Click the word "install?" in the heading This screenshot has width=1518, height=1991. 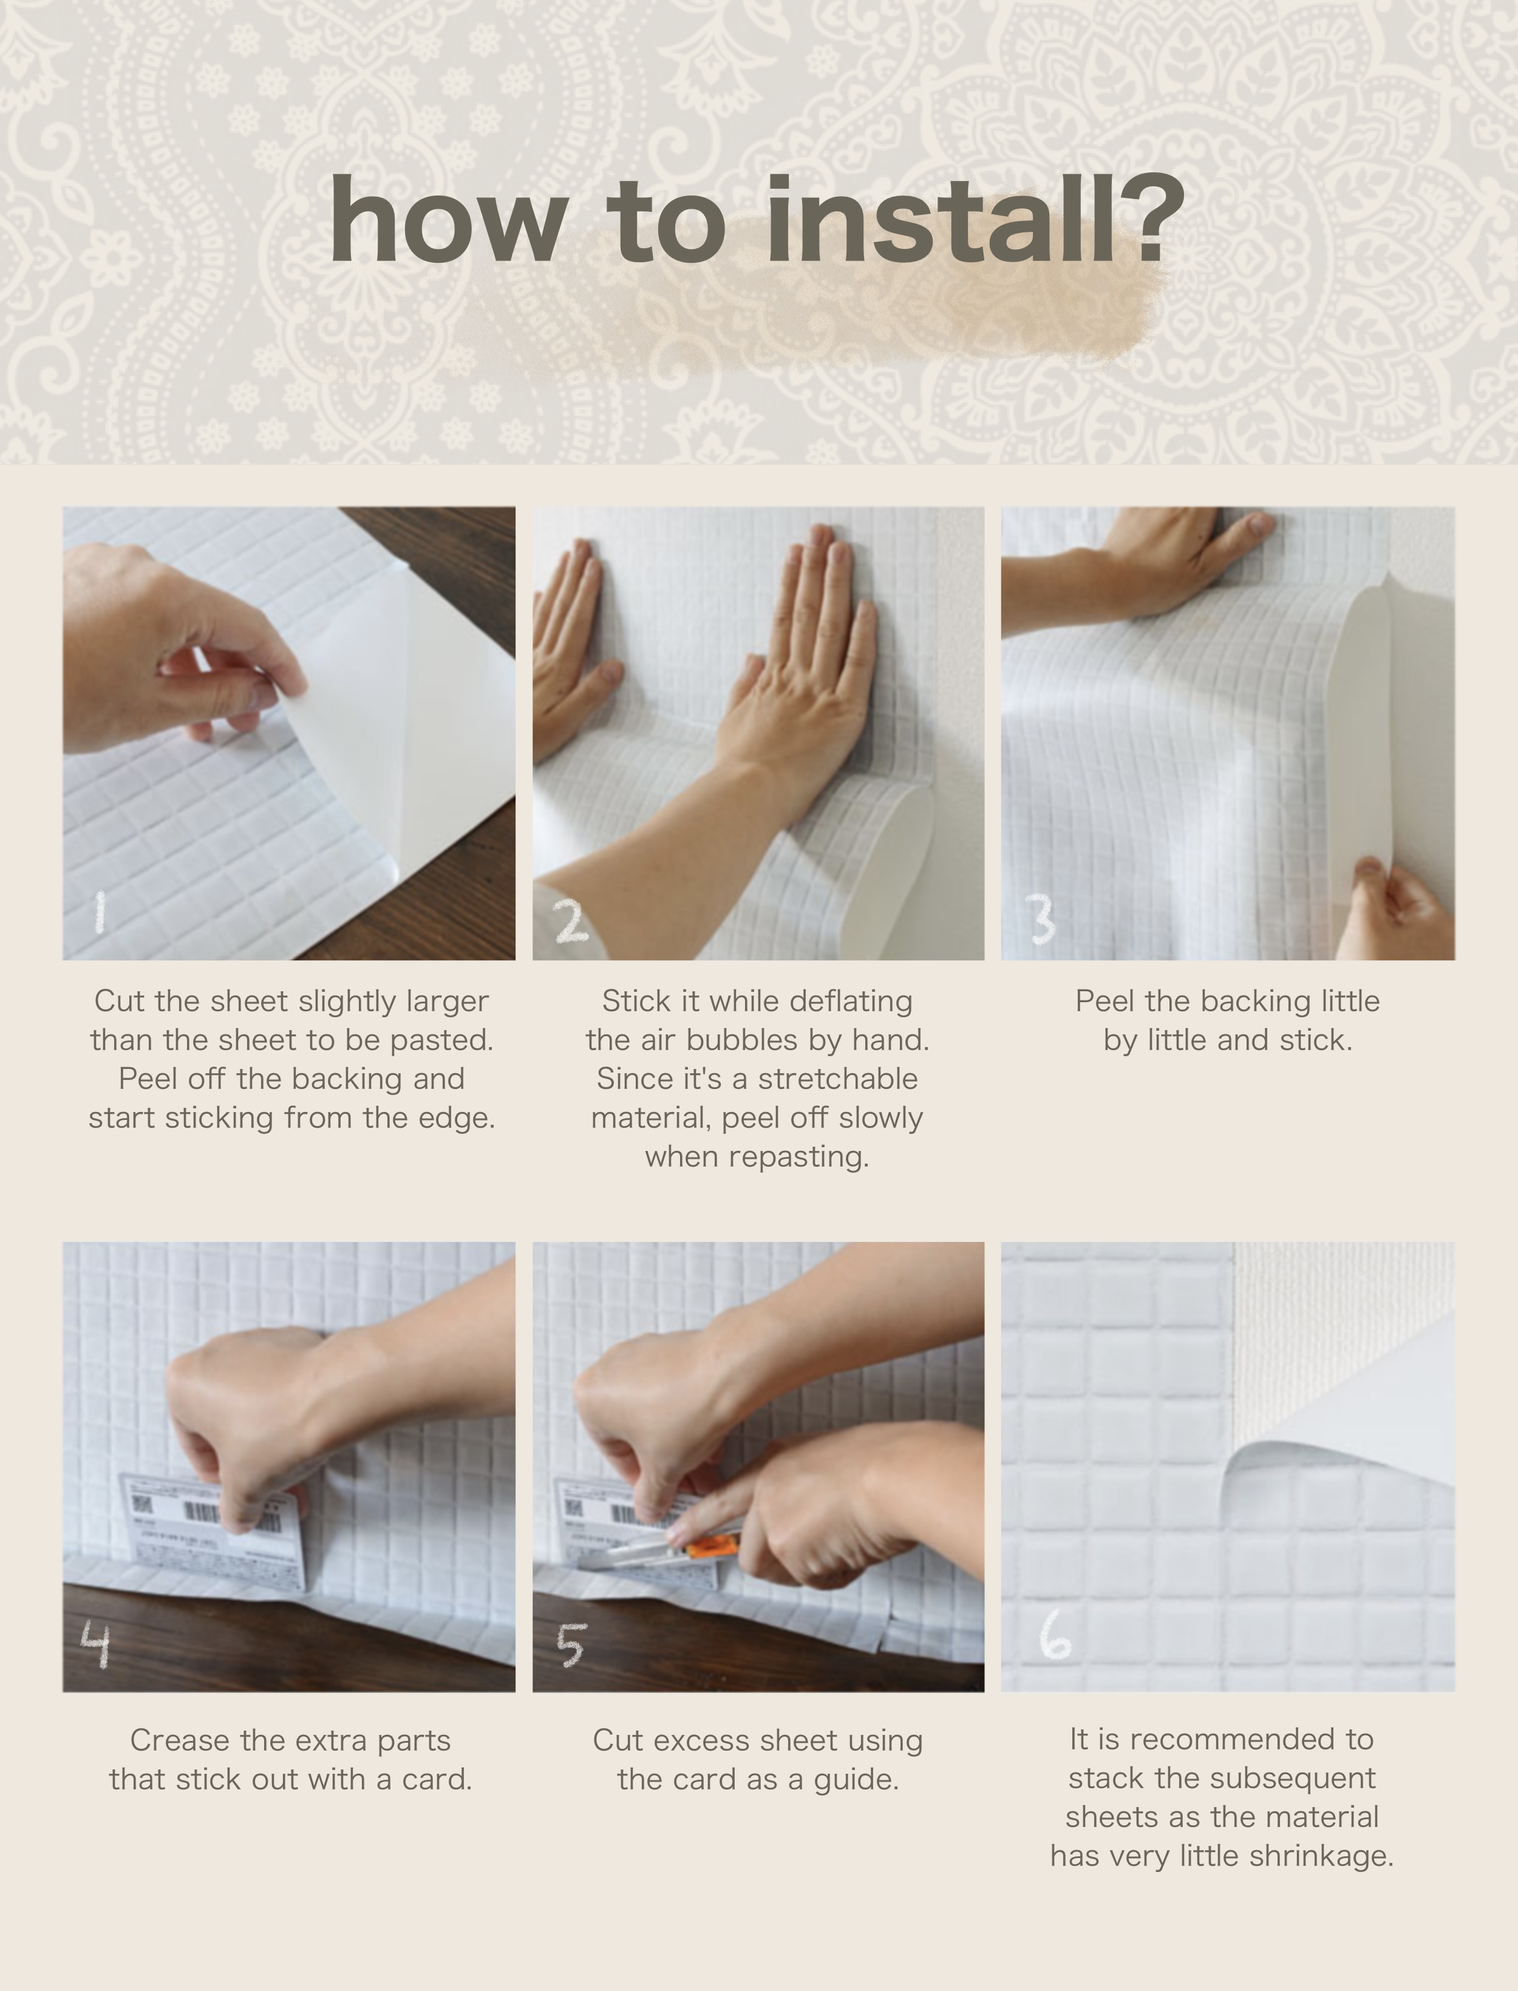pyautogui.click(x=975, y=220)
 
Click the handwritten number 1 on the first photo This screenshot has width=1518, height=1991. pyautogui.click(x=100, y=912)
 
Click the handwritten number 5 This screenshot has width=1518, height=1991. pyautogui.click(x=571, y=1644)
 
